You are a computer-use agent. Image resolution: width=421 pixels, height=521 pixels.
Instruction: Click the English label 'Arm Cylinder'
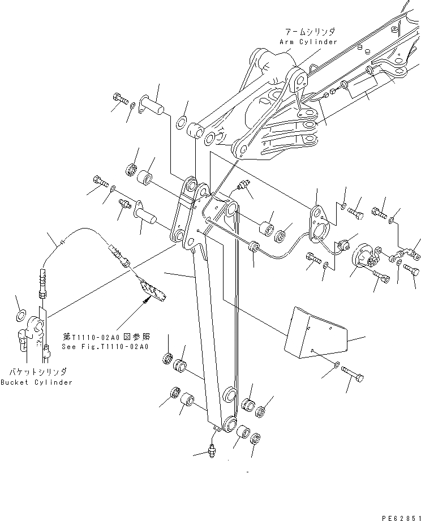click(308, 42)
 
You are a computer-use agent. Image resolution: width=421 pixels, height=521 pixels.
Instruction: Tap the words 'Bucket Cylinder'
click(36, 382)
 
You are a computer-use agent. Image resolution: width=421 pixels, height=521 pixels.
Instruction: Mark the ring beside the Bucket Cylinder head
click(20, 315)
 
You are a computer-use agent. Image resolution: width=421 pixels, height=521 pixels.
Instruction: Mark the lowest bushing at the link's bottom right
click(242, 432)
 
